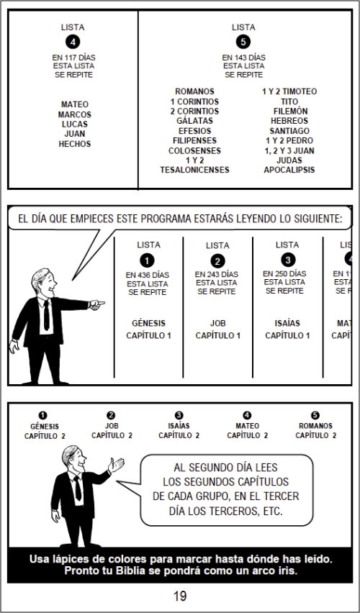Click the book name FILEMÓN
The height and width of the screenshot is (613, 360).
(x=290, y=111)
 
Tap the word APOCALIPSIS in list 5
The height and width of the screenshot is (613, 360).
(x=289, y=170)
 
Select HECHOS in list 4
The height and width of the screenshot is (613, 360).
(x=75, y=144)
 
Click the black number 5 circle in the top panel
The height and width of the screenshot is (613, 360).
(x=243, y=42)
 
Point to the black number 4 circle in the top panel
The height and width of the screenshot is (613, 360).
(x=73, y=42)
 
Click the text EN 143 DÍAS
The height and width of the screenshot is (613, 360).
(x=244, y=58)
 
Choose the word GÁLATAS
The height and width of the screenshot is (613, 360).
(x=194, y=121)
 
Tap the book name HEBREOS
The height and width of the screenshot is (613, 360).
(x=289, y=121)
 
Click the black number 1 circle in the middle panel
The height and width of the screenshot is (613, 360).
(x=147, y=260)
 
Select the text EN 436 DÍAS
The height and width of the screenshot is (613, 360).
(x=148, y=276)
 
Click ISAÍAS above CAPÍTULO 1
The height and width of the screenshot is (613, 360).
(x=287, y=323)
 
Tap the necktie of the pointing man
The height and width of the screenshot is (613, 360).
(x=47, y=315)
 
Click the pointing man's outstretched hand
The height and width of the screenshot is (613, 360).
(x=96, y=304)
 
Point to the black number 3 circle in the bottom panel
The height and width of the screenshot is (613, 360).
(x=179, y=416)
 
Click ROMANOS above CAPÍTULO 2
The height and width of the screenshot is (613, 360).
(x=315, y=426)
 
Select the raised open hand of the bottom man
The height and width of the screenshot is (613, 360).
(x=116, y=465)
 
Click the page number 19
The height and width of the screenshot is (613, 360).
(x=180, y=596)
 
